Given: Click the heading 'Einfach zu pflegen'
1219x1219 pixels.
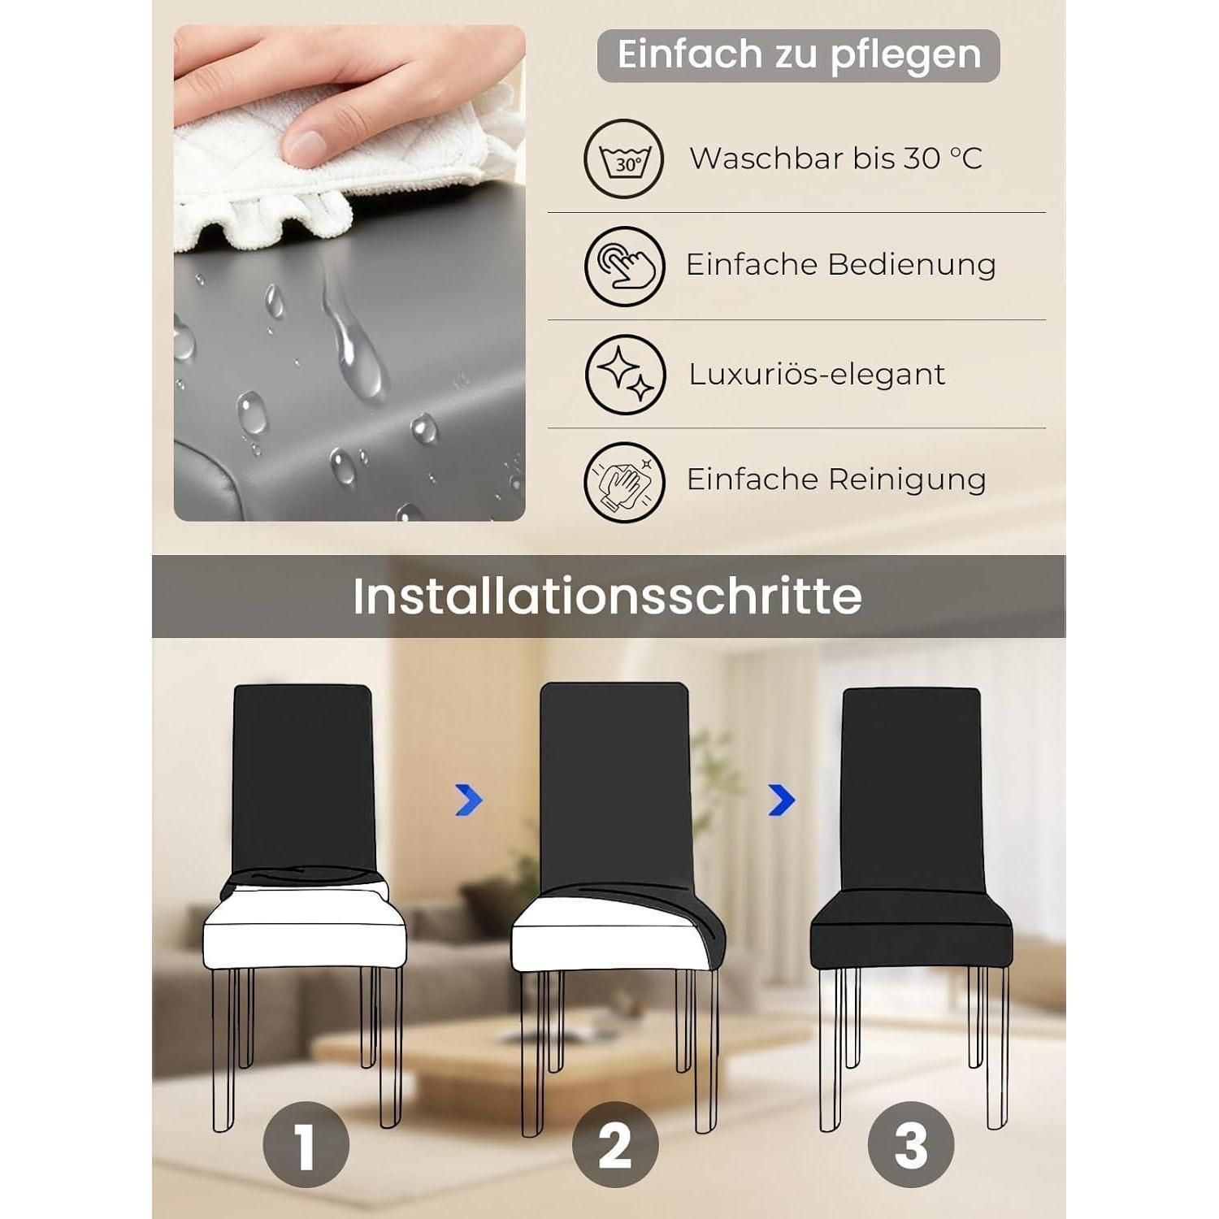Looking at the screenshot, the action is coord(799,55).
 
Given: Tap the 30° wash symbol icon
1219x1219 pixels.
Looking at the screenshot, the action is coord(624,158).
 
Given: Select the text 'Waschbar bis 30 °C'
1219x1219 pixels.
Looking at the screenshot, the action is coord(836,158).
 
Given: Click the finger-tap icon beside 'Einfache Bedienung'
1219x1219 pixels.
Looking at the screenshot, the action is coord(624,266).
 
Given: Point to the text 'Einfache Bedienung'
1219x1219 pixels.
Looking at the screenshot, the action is coord(841,265).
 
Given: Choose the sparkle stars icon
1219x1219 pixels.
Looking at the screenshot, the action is coord(625,375).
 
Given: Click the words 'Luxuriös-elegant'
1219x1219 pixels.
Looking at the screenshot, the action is coord(817,375).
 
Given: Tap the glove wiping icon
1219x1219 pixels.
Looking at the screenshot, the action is coord(624,482).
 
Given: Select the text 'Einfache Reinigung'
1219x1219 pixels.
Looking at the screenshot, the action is coord(836,479).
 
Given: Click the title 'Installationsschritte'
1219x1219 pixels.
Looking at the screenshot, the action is coord(607,596).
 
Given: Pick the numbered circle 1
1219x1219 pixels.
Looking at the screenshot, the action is coord(306,1145).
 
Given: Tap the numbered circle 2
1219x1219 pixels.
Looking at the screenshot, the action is coord(615,1145).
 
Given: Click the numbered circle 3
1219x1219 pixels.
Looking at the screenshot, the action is coord(910,1145).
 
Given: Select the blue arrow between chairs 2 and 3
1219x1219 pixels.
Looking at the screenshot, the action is coord(781,800).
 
